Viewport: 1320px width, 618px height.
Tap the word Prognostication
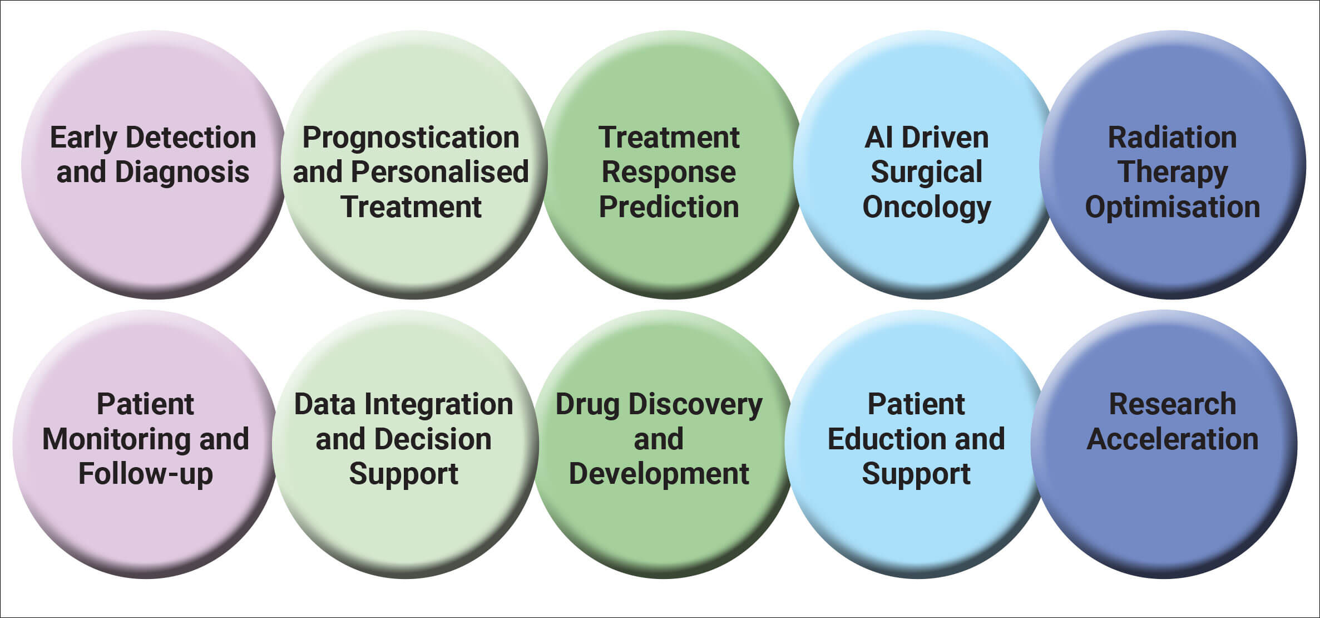(x=411, y=138)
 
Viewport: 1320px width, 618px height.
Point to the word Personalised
(x=439, y=172)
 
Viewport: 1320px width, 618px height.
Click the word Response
(x=669, y=172)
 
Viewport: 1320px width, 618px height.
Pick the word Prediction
(x=669, y=207)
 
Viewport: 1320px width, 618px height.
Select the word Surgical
(x=926, y=172)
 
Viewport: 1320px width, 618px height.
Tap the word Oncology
(x=926, y=208)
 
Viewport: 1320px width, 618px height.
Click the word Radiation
(x=1172, y=138)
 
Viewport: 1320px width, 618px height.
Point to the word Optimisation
(x=1172, y=207)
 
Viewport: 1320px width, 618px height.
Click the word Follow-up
(x=145, y=474)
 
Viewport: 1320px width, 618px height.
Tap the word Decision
(x=431, y=439)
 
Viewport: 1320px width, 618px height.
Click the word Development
(x=659, y=474)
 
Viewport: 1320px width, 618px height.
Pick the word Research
(x=1172, y=404)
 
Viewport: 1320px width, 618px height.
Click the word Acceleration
(x=1172, y=439)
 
